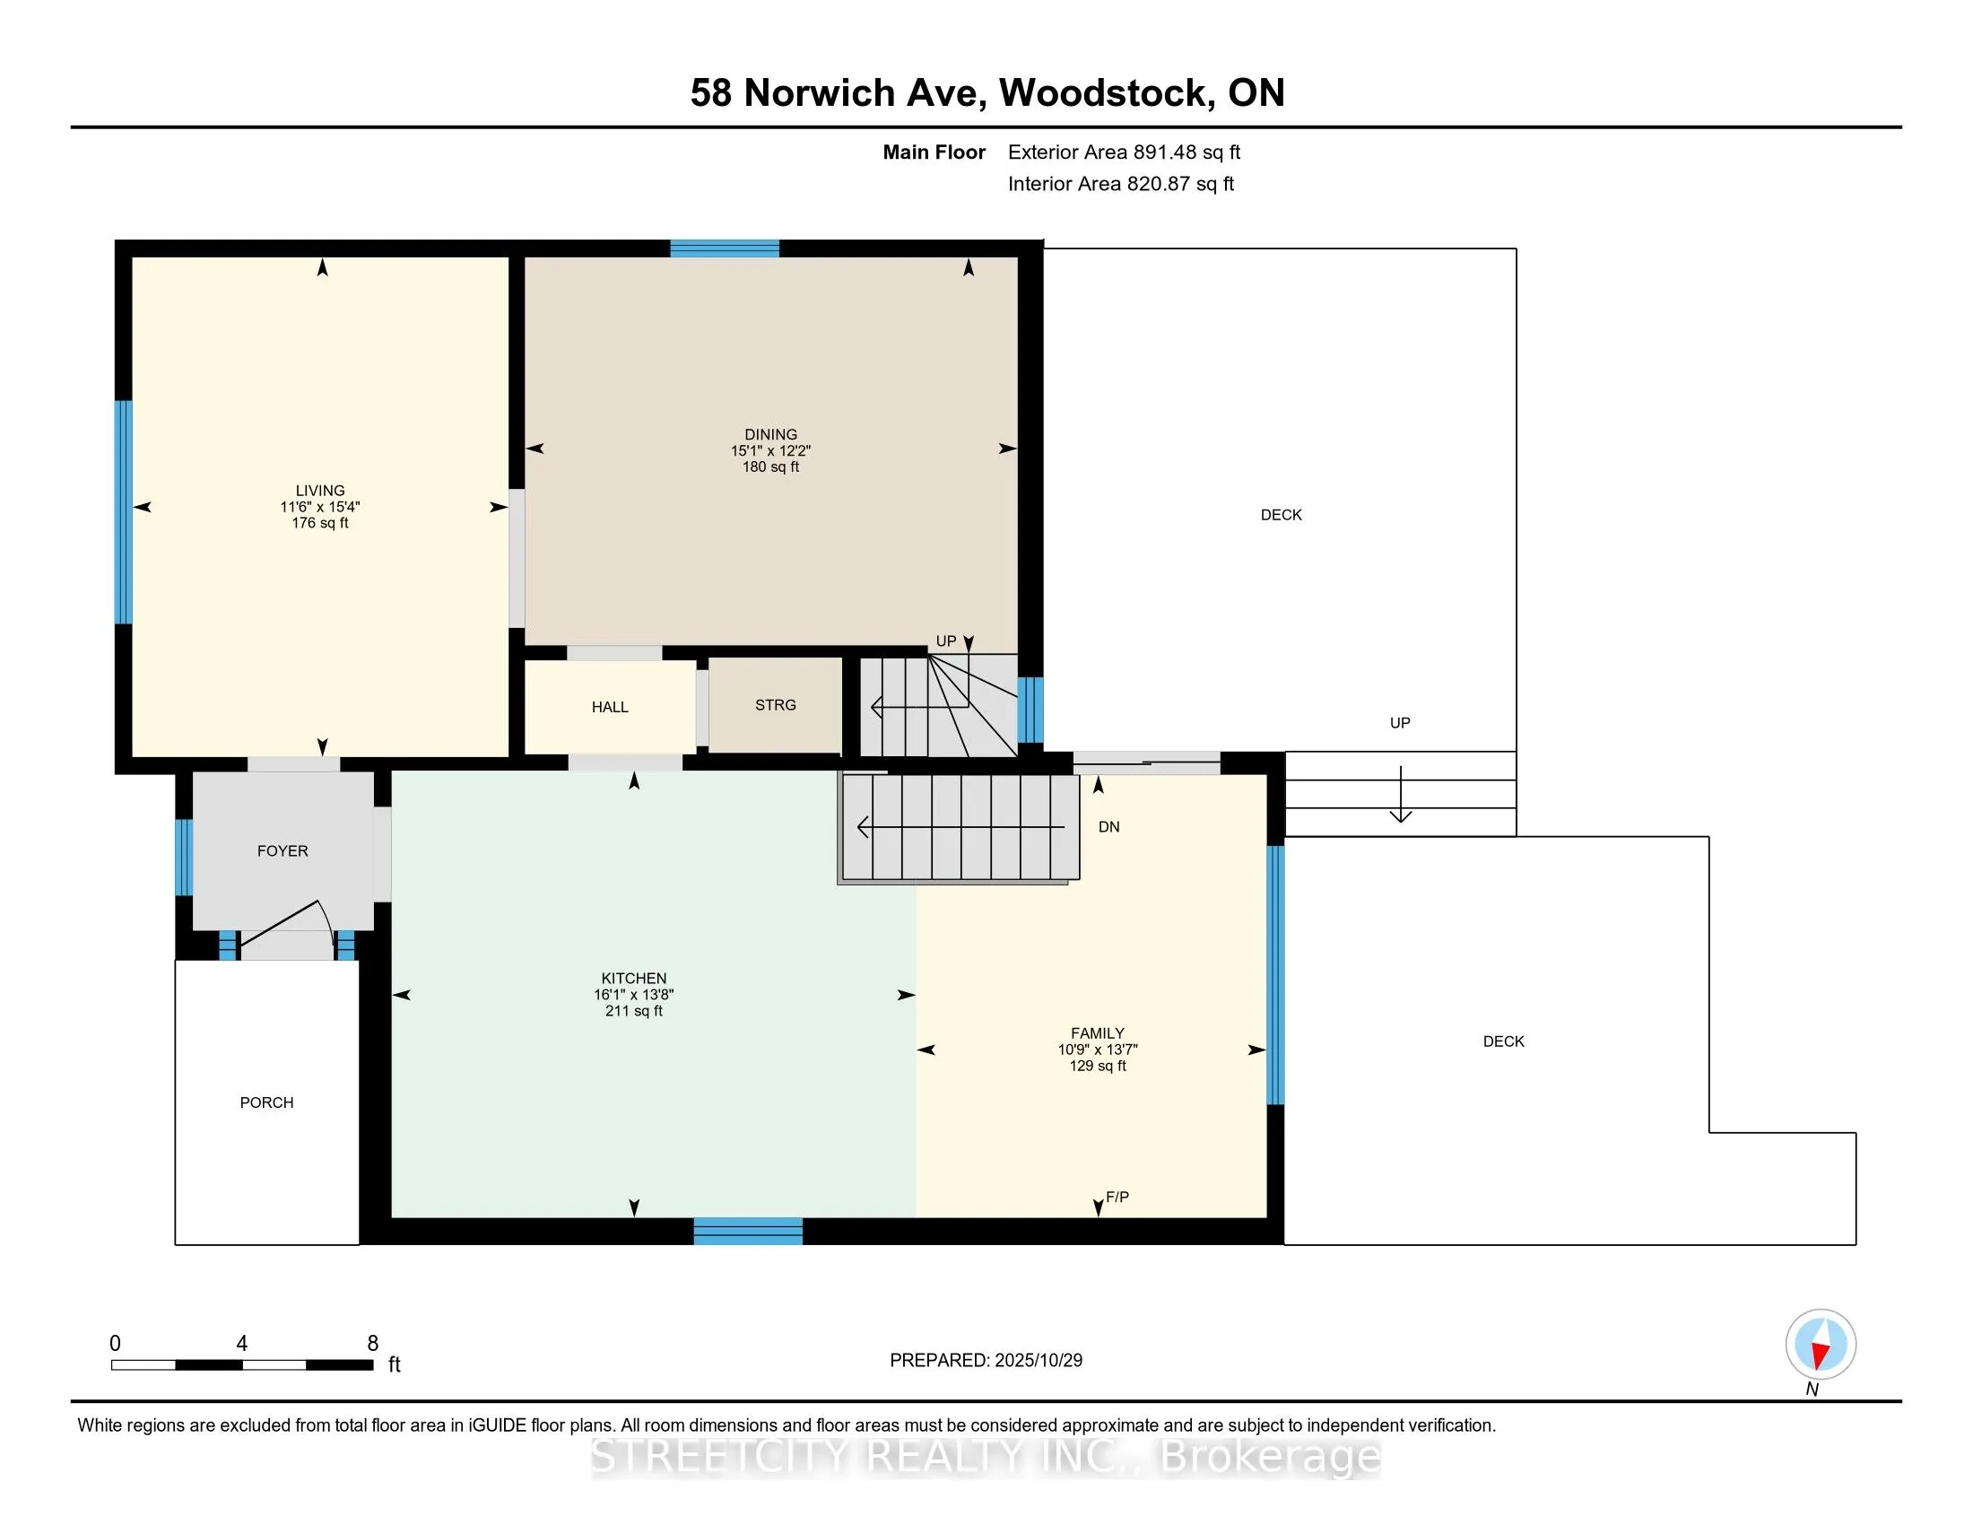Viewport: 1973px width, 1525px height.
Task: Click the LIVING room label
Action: click(320, 491)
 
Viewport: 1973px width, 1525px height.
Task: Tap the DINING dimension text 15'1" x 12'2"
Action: click(770, 451)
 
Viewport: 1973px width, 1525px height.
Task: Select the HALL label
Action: click(610, 708)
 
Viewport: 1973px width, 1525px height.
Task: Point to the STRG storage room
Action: click(775, 705)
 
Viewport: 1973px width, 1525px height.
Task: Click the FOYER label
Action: click(282, 851)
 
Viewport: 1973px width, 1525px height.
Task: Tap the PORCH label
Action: click(266, 1102)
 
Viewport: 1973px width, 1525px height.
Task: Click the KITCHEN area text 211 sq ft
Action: click(633, 1011)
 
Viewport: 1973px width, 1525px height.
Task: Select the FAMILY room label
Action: click(1098, 1033)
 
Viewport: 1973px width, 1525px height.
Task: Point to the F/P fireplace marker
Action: click(1117, 1197)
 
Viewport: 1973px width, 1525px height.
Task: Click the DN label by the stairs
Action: click(1109, 827)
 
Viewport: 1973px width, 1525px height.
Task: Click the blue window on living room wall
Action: click(124, 512)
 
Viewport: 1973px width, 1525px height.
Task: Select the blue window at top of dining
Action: click(725, 248)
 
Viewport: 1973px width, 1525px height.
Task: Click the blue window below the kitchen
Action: click(748, 1231)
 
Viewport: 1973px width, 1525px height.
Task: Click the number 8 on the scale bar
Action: click(372, 1344)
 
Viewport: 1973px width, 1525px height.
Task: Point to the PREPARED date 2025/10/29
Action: click(986, 1361)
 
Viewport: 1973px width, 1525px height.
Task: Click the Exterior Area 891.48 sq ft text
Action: click(1124, 152)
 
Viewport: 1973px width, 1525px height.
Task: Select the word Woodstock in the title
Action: click(1107, 93)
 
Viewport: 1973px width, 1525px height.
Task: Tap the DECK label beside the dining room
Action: click(1281, 515)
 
